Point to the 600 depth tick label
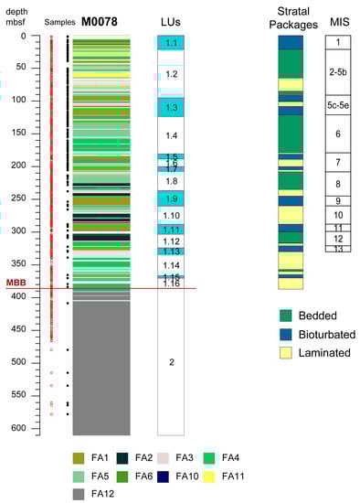coord(17,428)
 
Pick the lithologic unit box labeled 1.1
coord(171,43)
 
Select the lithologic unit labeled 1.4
coord(171,135)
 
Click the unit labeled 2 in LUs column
coord(171,362)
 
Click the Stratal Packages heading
coord(290,18)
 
